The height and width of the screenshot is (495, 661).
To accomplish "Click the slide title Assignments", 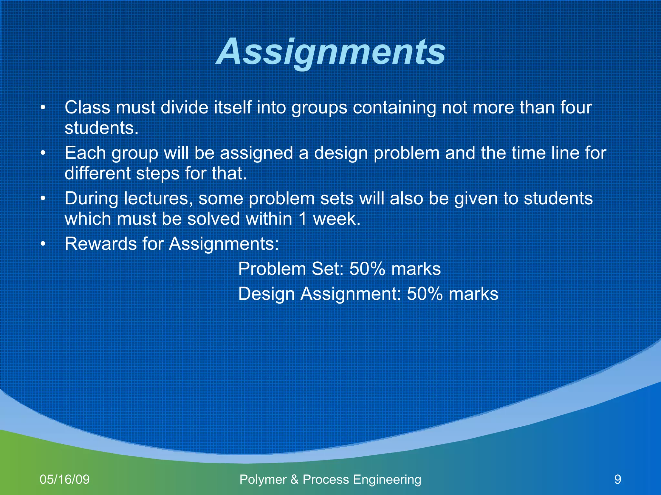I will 331,52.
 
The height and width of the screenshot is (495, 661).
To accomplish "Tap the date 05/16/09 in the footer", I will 65,480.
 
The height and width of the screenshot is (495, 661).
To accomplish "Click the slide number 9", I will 617,480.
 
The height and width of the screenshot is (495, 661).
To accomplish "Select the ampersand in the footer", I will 294,480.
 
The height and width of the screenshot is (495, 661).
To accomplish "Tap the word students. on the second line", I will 101,128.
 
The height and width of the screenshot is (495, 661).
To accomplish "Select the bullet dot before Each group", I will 43,153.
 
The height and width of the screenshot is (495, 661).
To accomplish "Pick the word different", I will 97,173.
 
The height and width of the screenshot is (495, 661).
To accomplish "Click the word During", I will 91,199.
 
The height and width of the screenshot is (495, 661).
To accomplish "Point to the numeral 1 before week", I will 302,219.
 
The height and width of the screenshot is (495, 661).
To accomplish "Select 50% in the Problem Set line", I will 367,269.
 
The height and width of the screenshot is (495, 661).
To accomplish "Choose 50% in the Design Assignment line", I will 424,294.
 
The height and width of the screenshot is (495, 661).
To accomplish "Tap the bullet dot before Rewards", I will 43,244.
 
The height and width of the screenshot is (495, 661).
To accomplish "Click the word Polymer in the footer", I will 263,480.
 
